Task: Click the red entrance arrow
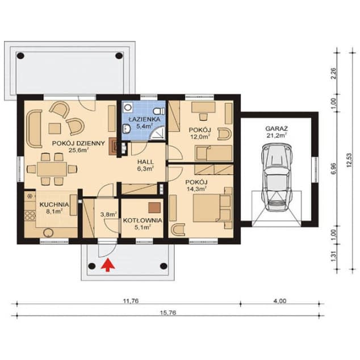tap(108, 265)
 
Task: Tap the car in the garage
tap(277, 177)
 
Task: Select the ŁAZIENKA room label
tap(144, 119)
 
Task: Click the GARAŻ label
tap(277, 128)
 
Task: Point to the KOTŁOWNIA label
tap(143, 220)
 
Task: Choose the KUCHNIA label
tap(54, 204)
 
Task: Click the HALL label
tap(145, 162)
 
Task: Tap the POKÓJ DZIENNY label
tap(78, 144)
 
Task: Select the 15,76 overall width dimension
tap(168, 313)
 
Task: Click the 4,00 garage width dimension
tap(279, 301)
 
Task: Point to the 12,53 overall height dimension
tap(349, 160)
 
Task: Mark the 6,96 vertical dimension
tap(334, 169)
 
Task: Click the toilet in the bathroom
tap(159, 111)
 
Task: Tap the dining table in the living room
tap(52, 169)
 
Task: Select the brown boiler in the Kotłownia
tap(154, 208)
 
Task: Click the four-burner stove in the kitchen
tap(30, 216)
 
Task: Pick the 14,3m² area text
tap(196, 189)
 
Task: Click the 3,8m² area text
tap(109, 215)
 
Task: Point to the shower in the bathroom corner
tap(158, 133)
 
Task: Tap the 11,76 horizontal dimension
tap(131, 301)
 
